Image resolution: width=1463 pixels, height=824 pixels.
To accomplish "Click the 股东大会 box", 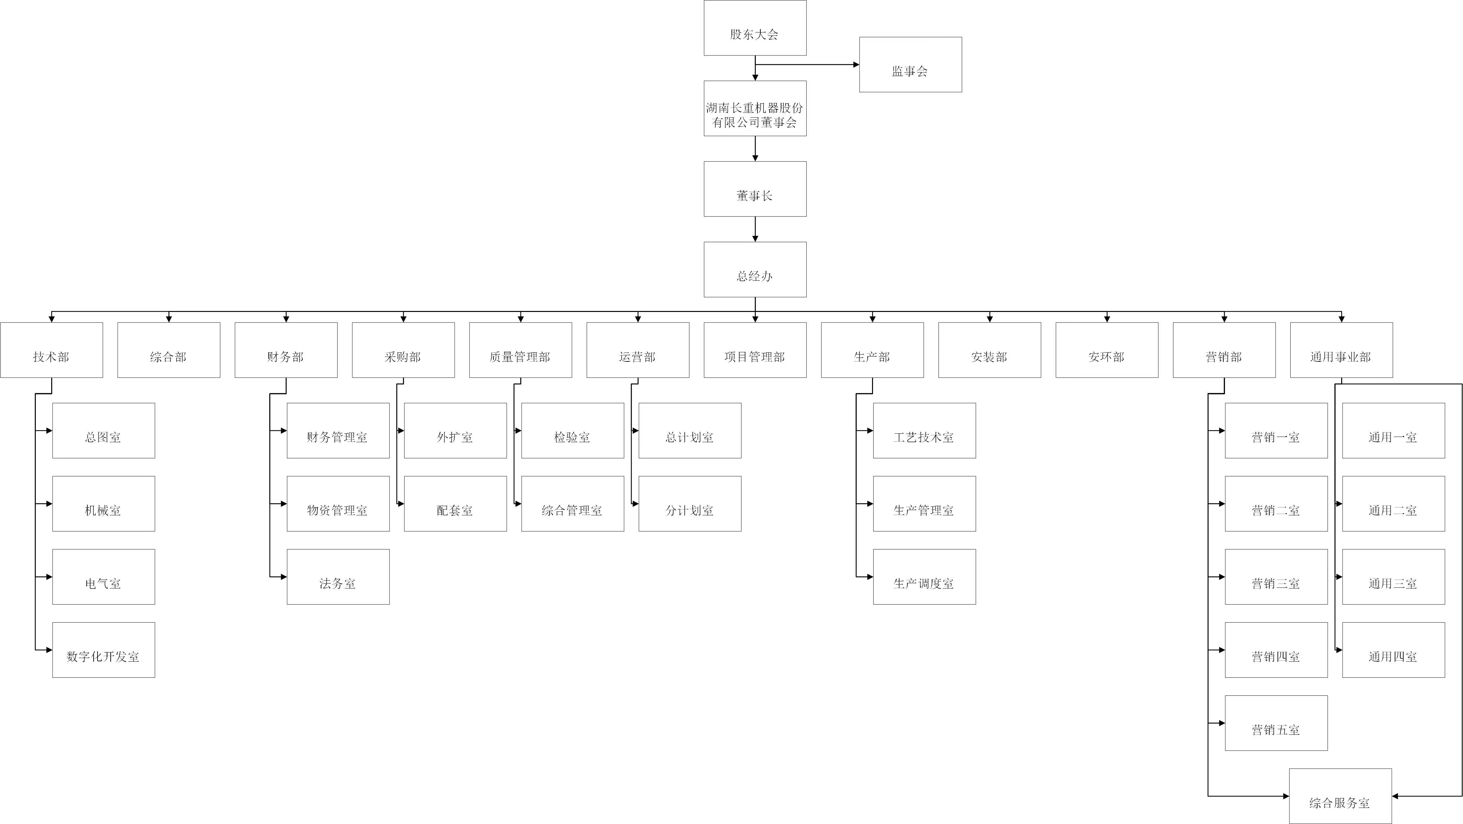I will click(x=755, y=28).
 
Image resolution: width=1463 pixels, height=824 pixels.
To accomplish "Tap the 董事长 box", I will click(x=755, y=189).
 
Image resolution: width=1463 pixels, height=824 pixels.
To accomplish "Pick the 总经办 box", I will click(x=755, y=270).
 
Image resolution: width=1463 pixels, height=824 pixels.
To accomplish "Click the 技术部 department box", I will click(x=52, y=350).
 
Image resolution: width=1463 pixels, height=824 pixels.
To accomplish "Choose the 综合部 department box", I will click(x=169, y=350).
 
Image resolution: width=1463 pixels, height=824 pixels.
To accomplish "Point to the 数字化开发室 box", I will click(x=103, y=650).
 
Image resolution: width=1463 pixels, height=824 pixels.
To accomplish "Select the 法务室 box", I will click(x=338, y=577).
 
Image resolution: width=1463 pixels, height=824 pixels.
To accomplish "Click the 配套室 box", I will click(x=455, y=504).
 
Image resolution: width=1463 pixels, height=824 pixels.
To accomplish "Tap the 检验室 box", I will click(x=573, y=431).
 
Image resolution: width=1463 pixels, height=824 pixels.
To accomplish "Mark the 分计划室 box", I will click(x=689, y=504).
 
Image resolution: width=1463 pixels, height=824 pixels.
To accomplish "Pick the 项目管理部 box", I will click(x=755, y=350).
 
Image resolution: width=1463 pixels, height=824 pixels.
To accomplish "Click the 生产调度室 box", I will click(x=924, y=577).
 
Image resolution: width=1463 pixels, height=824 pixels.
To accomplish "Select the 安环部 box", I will click(x=1106, y=350).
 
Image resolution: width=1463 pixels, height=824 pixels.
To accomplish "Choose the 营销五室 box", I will click(x=1276, y=723).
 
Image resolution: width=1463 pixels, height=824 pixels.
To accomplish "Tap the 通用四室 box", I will click(x=1393, y=650).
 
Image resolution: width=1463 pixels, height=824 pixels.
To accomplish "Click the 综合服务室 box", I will click(x=1340, y=796).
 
